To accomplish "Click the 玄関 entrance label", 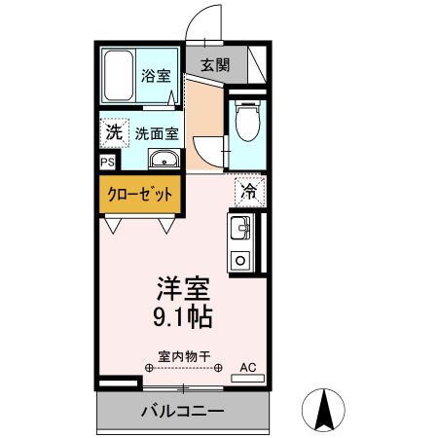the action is tap(215, 65).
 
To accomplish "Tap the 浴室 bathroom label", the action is tap(156, 76).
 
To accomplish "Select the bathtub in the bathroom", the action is tap(119, 76).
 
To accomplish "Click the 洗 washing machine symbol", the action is tap(115, 132).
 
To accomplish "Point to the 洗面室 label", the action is tap(157, 133).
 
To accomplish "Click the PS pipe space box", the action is tap(108, 162).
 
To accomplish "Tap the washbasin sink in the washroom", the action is tap(164, 159).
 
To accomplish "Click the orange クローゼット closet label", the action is tap(140, 195).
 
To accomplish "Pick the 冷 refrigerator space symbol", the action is tap(250, 192).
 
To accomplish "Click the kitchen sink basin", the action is tap(240, 228).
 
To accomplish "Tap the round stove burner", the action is tap(240, 260).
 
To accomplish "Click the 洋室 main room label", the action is tap(184, 288).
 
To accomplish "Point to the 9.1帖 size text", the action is tap(183, 317).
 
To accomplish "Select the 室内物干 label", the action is tap(184, 356).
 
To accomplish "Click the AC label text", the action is tap(248, 368).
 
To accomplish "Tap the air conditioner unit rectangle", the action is tap(248, 379).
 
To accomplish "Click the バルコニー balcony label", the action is tap(183, 412).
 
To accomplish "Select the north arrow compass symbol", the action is tap(323, 410).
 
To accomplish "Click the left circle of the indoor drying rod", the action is tap(149, 368).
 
